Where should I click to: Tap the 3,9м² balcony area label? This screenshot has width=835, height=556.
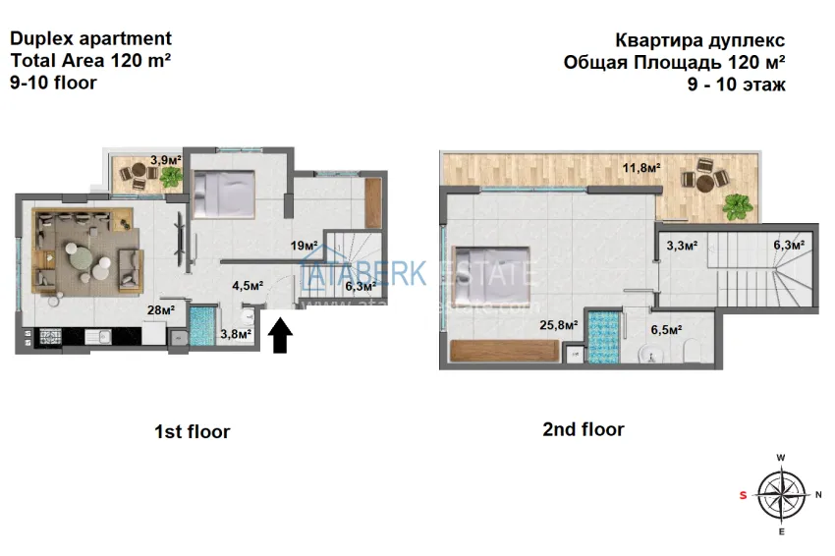[x=165, y=159]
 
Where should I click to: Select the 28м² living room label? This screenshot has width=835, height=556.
[x=160, y=310]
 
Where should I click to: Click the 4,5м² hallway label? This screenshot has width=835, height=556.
[x=247, y=286]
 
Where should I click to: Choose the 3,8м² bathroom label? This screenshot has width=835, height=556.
[x=236, y=334]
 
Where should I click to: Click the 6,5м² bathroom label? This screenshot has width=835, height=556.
[x=665, y=331]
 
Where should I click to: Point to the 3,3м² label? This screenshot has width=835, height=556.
[x=682, y=246]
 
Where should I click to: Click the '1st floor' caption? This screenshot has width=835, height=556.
[x=192, y=431]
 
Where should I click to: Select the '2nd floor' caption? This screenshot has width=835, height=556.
[x=583, y=429]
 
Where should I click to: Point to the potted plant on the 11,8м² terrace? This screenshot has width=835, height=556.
[x=737, y=207]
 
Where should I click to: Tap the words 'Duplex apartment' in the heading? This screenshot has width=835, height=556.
[x=90, y=39]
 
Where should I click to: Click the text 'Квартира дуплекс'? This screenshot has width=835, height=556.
[x=699, y=41]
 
